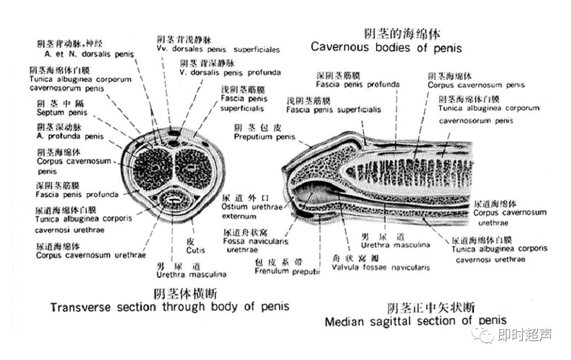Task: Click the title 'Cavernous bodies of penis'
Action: (386, 47)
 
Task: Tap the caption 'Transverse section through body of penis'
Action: (170, 307)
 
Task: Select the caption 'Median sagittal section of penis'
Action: (416, 320)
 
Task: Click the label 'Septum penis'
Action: (58, 112)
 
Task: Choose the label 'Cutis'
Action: (196, 250)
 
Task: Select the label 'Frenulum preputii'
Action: (288, 271)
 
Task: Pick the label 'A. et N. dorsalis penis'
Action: (89, 54)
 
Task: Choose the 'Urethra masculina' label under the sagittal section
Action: (395, 244)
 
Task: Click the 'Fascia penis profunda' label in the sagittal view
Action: (358, 84)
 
